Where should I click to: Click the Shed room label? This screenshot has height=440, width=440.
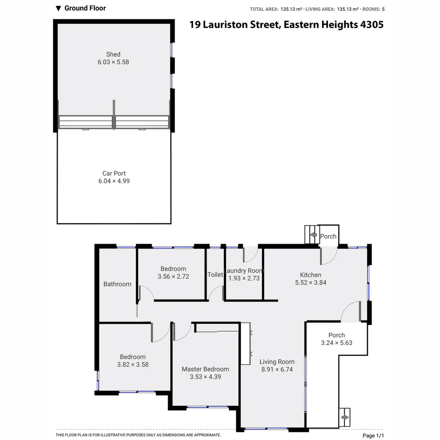113,54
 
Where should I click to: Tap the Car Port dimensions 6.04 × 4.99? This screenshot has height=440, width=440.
114,181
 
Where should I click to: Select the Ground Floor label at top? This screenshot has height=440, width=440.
85,8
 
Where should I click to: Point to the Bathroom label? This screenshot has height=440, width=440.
117,284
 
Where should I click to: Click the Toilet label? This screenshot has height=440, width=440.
215,275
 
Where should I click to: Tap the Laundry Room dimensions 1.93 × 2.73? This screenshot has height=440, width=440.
244,278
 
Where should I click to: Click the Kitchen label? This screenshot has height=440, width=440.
310,275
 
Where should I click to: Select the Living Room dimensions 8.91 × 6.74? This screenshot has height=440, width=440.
277,370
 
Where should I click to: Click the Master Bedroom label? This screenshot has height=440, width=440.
205,369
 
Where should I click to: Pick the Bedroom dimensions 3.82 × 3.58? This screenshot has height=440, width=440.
133,365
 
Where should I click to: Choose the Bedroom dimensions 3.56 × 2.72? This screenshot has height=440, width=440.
173,276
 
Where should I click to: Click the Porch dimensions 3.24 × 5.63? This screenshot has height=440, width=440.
337,343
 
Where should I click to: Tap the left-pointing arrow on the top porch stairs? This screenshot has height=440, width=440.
313,235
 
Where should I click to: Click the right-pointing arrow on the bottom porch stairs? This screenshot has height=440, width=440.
345,418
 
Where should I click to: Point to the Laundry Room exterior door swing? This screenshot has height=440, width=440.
250,255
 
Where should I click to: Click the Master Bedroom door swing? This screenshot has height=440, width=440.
182,331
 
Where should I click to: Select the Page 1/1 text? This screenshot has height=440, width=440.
373,436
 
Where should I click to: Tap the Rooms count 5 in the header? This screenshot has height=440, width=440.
383,9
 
